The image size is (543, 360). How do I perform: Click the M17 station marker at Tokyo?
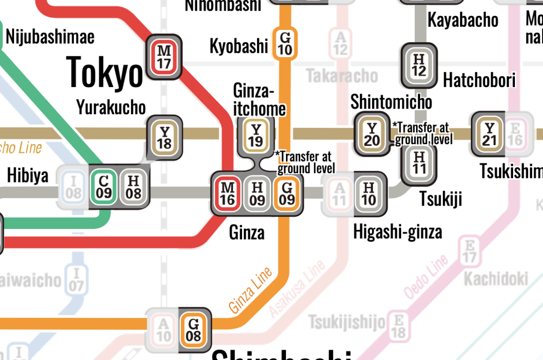tap(164, 56)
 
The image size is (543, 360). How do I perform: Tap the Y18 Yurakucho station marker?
tap(164, 138)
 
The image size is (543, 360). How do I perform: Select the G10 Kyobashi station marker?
tap(285, 43)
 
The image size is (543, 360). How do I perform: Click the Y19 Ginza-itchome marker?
tap(256, 136)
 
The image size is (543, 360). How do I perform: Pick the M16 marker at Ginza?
tap(227, 193)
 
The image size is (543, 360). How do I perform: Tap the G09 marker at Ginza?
tap(287, 193)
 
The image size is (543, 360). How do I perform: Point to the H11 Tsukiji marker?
tap(419, 162)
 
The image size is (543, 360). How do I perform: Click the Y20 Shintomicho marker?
tap(372, 134)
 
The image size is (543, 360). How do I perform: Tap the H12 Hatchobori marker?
tap(419, 66)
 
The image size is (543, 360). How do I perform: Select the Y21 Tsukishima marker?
tap(490, 134)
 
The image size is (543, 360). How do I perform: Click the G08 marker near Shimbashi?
tap(193, 330)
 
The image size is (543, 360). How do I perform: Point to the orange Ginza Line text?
tap(250, 291)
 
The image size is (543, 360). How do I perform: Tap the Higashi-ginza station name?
tap(397, 232)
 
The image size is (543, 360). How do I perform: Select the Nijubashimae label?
tap(50, 37)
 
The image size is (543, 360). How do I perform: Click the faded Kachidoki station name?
tap(496, 279)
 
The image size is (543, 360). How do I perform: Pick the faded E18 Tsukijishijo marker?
tap(399, 326)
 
